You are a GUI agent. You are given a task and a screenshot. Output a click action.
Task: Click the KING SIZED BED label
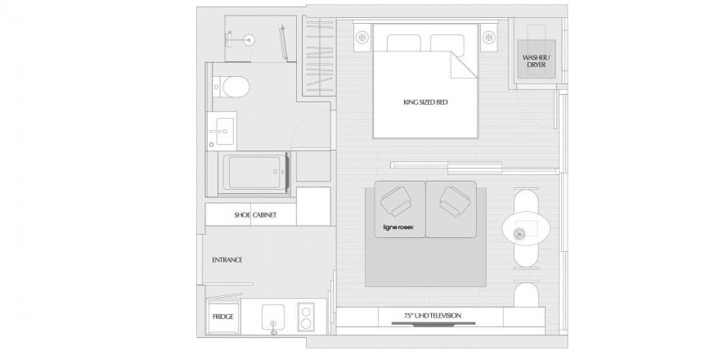tap(425, 102)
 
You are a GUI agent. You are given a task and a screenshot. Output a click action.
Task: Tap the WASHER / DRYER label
tap(537, 61)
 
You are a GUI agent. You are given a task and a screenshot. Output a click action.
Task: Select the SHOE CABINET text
tap(255, 215)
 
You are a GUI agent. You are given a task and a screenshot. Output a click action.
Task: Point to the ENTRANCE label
tap(227, 260)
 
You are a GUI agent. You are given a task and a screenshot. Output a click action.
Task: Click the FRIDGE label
tap(222, 317)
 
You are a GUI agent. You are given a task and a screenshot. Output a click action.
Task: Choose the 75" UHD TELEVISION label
tap(432, 316)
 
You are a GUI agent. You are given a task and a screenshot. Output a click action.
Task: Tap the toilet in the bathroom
tap(231, 87)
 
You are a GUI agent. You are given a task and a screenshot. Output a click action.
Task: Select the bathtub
tap(256, 172)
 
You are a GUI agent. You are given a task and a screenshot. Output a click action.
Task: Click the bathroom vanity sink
tap(222, 131)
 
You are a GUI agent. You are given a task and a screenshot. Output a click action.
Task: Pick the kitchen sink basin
tap(273, 317)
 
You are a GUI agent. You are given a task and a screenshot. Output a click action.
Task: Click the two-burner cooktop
tap(306, 317)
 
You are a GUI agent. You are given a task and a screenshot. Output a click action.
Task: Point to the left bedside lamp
tap(362, 36)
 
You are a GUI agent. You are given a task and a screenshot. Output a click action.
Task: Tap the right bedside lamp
tap(489, 36)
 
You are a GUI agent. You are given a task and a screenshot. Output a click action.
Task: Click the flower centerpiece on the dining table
tap(519, 234)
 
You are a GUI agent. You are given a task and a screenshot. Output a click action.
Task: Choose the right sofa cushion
tap(451, 209)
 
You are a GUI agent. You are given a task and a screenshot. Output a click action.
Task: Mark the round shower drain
tap(249, 40)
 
